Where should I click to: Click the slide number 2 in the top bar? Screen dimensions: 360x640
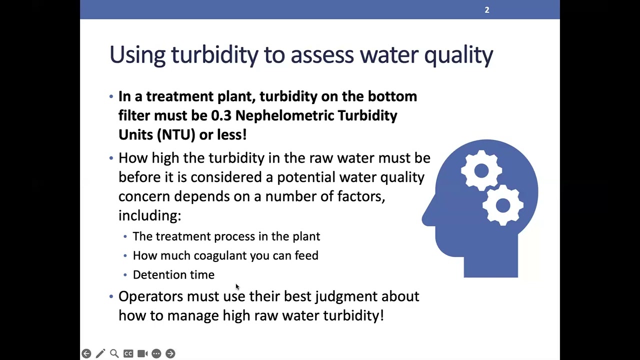click(486, 10)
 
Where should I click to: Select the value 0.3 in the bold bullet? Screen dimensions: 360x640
click(221, 115)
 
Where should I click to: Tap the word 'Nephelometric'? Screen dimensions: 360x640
click(284, 115)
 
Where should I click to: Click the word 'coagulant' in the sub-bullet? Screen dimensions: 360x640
click(220, 255)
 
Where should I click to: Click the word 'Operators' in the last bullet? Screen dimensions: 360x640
click(150, 296)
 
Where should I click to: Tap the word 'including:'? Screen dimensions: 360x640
click(149, 215)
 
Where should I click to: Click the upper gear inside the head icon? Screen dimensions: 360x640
click(481, 171)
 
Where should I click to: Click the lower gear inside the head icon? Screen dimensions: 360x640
click(502, 205)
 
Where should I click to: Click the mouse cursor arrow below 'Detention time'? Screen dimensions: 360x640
click(237, 286)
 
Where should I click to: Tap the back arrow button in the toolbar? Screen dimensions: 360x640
click(86, 353)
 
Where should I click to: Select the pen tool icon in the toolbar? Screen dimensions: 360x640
click(100, 353)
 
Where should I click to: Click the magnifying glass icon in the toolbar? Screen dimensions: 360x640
click(114, 353)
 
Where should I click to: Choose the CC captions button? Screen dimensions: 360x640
click(128, 353)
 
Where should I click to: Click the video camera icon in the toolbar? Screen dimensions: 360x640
click(142, 353)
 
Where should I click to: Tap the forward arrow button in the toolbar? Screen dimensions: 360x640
click(170, 353)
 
